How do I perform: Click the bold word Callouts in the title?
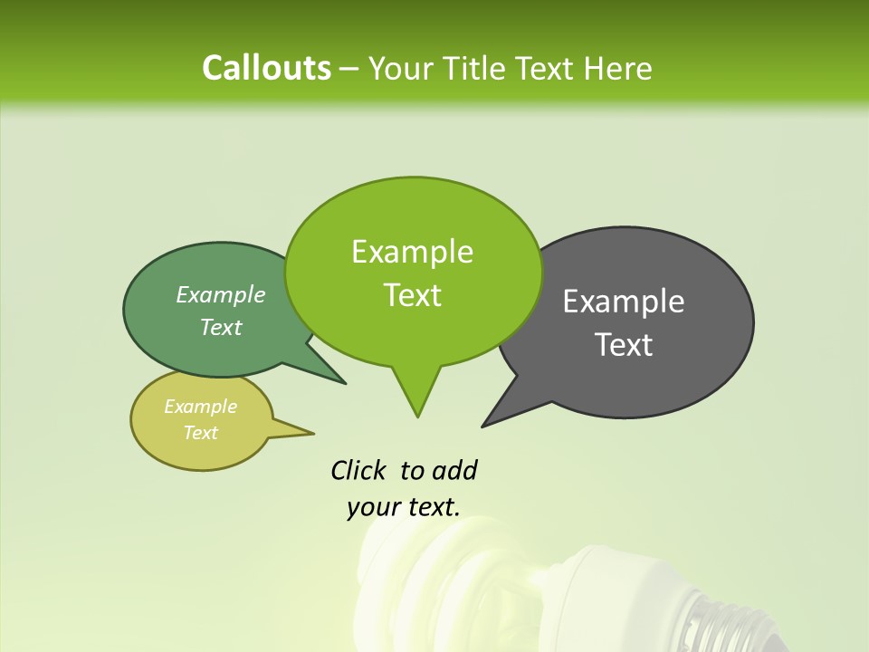point(266,68)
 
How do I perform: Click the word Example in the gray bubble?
point(624,302)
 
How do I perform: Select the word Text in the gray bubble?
point(624,345)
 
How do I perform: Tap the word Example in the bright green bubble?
point(412,252)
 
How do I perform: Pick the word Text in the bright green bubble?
point(412,295)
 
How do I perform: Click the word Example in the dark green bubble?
point(221,294)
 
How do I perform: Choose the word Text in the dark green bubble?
point(221,327)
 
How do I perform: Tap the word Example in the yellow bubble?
point(200,407)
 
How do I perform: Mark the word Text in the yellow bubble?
point(200,433)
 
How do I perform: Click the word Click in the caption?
point(360,470)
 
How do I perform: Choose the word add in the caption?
point(454,470)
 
